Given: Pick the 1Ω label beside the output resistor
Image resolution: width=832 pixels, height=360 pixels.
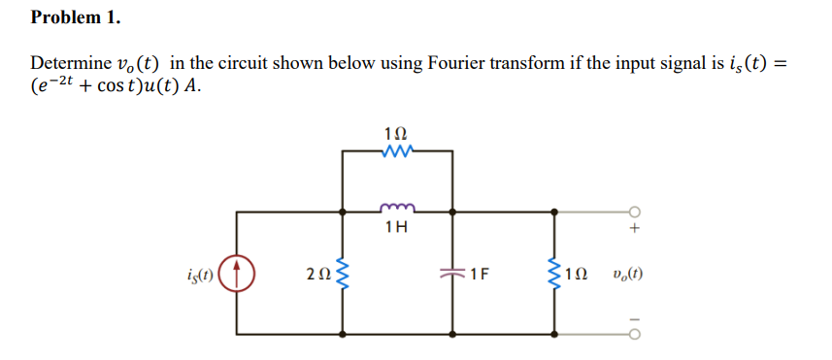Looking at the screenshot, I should point(582,274).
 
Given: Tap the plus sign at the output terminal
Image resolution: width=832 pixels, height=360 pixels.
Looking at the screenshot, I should point(635,230).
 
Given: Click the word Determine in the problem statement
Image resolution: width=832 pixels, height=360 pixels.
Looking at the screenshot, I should point(69,64).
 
